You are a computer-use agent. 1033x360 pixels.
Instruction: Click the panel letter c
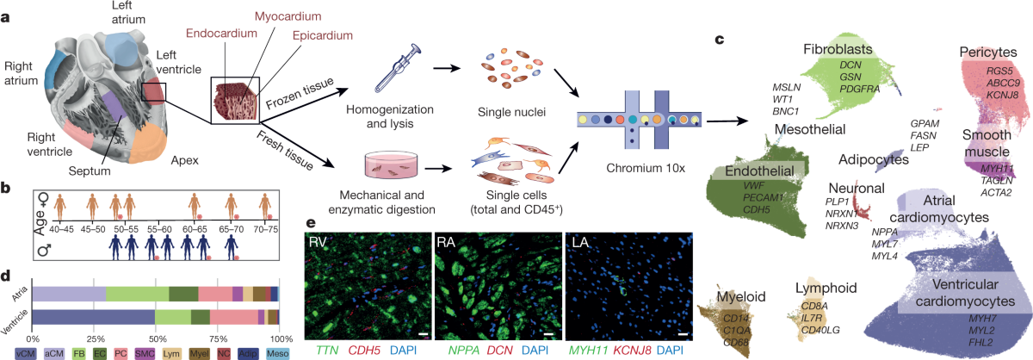click(720, 39)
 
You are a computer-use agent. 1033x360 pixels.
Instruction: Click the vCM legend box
click(26, 353)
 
